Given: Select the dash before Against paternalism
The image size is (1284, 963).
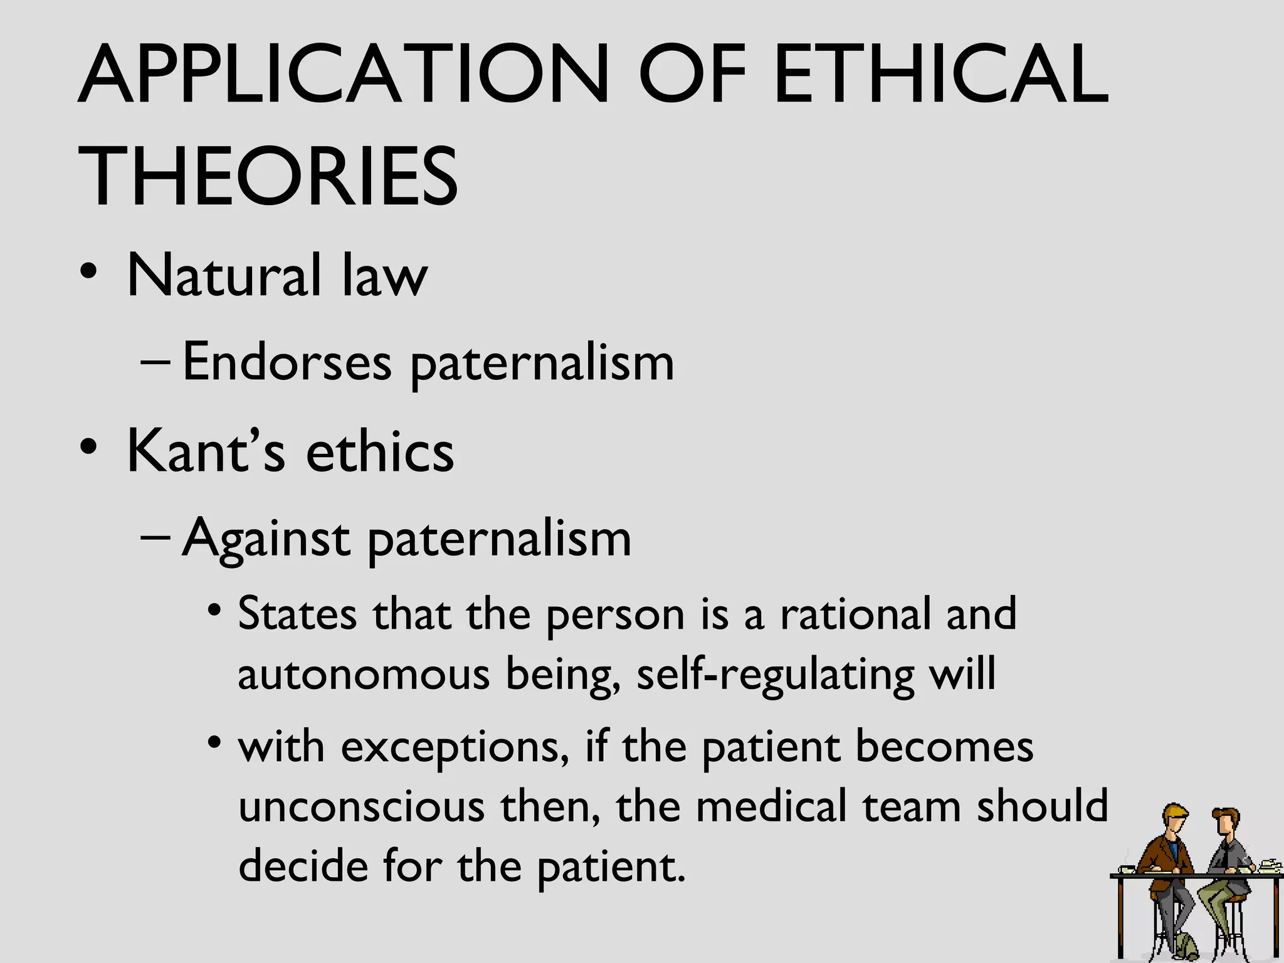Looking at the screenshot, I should (155, 537).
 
